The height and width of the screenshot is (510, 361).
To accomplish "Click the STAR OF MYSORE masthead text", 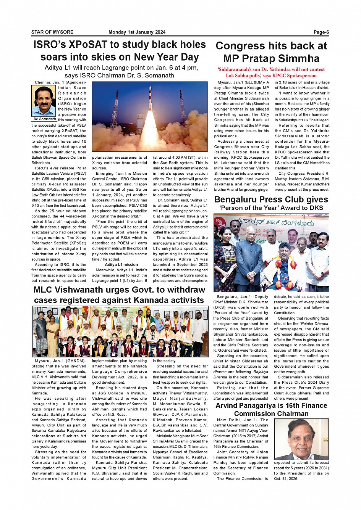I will pyautogui.click(x=52, y=32).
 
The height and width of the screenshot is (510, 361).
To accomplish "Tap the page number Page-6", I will pyautogui.click(x=321, y=32).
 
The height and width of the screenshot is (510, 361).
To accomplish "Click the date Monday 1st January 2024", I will pyautogui.click(x=137, y=32).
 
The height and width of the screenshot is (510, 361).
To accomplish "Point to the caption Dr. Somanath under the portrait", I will pyautogui.click(x=44, y=119).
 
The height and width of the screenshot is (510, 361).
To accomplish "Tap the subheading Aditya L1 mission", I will pyautogui.click(x=121, y=264).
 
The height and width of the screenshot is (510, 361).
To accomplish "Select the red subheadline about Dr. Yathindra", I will pyautogui.click(x=271, y=72).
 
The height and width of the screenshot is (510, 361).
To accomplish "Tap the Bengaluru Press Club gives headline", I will pyautogui.click(x=271, y=199).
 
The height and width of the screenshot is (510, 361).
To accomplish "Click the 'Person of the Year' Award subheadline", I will pyautogui.click(x=271, y=208).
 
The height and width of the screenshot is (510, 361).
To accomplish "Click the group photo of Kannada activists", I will pyautogui.click(x=120, y=331).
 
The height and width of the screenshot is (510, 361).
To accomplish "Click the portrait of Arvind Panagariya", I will pyautogui.click(x=301, y=439).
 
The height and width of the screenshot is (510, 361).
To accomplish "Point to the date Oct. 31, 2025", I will pyautogui.click(x=286, y=478).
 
